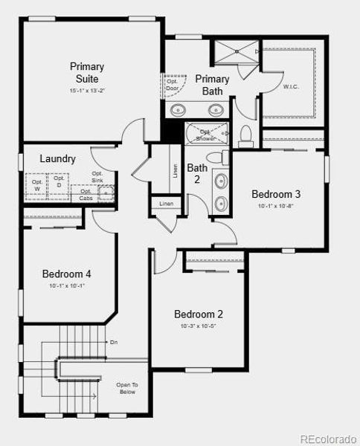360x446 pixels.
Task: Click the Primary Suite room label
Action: (x=88, y=72)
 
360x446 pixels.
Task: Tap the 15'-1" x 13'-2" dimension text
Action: (x=88, y=91)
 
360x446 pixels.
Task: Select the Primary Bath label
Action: (x=211, y=85)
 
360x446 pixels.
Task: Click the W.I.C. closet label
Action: (x=291, y=86)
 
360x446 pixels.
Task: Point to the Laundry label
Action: (x=57, y=158)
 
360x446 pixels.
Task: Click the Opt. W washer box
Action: (x=36, y=184)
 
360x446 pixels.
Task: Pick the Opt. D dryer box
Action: (x=58, y=181)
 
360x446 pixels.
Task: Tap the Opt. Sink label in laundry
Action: (x=97, y=177)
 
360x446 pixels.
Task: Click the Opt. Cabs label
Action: (x=86, y=194)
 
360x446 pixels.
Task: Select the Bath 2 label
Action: (x=197, y=173)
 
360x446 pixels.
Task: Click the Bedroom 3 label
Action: (x=275, y=194)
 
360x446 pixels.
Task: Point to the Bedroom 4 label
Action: (x=66, y=274)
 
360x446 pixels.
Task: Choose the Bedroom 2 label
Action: (x=199, y=314)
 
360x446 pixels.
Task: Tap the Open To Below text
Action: (x=126, y=388)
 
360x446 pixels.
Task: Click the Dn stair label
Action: (x=114, y=342)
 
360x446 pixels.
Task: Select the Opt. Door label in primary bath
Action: (x=173, y=84)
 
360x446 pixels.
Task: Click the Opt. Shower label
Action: (x=206, y=135)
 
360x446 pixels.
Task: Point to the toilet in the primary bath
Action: (x=245, y=135)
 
